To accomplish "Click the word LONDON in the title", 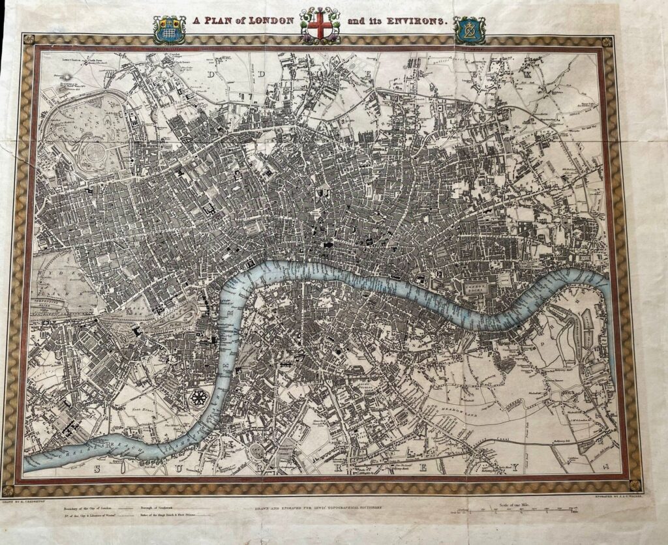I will point(269,21).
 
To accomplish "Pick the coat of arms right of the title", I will point(469,29).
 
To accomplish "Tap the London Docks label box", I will point(478,286).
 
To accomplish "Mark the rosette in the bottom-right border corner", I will point(634,484).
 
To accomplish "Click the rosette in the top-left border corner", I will point(27,40).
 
